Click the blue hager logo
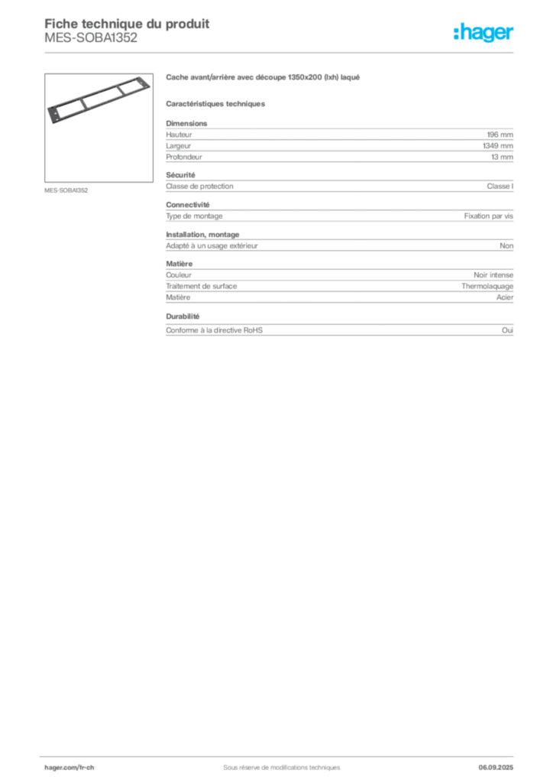coord(484,34)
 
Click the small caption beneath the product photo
coord(67,190)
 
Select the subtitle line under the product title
coord(215,103)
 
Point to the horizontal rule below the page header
coord(281,52)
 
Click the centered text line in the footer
coord(276,762)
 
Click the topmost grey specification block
coord(338,141)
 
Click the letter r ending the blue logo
coord(513,34)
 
